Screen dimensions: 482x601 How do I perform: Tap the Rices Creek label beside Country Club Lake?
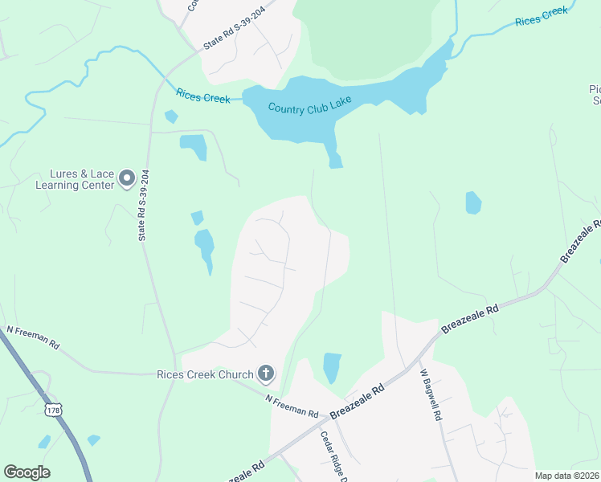(203, 98)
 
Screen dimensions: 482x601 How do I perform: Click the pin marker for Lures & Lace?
(126, 178)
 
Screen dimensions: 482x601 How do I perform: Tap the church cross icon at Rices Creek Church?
(266, 374)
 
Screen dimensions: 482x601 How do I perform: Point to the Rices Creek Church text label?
(204, 374)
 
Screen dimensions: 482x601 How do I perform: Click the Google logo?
(27, 472)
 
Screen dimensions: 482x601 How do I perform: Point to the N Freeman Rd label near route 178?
(33, 337)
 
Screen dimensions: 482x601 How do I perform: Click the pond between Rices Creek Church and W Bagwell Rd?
(332, 367)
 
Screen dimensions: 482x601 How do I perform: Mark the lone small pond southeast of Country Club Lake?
(473, 202)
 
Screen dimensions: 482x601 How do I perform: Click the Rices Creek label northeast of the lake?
(542, 16)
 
